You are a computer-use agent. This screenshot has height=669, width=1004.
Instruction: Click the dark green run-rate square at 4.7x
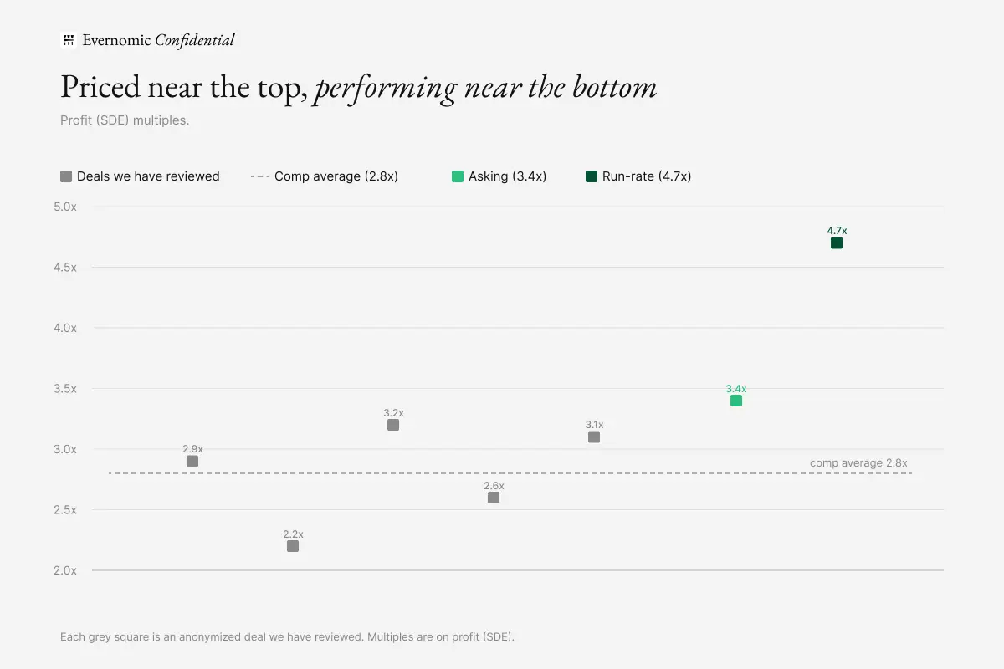837,243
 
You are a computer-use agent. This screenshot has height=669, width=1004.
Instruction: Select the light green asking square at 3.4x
736,401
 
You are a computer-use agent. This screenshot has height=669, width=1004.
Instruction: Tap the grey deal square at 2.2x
293,546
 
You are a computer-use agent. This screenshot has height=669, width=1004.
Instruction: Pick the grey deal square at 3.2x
393,425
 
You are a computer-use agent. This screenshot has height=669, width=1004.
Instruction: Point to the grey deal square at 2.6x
494,498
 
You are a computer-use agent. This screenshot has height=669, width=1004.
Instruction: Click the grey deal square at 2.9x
192,461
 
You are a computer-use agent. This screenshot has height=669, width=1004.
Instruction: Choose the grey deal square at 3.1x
594,437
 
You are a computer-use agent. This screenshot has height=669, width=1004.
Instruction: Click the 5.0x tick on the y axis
65,207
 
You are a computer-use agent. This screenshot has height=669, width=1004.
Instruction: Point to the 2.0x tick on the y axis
65,570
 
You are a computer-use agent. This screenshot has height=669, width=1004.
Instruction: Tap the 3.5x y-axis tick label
65,389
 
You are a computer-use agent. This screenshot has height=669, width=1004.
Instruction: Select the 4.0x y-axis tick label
65,328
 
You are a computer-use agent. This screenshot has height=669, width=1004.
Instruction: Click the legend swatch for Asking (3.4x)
457,176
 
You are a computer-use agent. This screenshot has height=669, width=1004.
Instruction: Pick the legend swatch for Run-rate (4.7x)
592,176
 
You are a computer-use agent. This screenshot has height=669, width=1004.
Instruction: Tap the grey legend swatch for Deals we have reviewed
66,176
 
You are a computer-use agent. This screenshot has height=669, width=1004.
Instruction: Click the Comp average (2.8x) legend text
336,176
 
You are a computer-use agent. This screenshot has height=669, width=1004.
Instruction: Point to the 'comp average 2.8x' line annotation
858,463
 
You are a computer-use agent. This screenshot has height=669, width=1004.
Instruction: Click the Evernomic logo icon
68,40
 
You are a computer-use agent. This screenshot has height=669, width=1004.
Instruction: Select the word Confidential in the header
194,40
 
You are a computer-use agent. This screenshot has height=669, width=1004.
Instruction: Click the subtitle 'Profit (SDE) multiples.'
125,120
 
